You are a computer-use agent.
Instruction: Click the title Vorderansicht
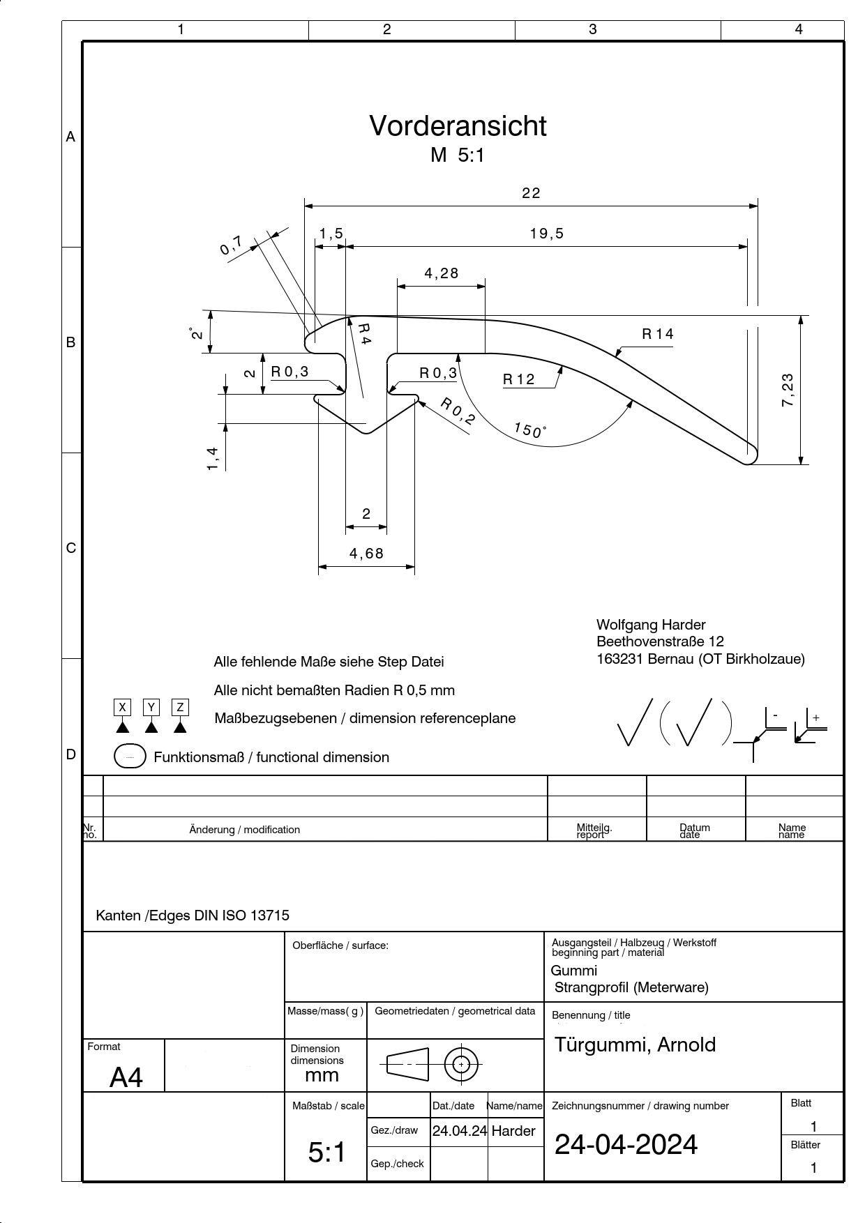pyautogui.click(x=458, y=126)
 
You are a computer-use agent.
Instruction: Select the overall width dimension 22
pyautogui.click(x=531, y=193)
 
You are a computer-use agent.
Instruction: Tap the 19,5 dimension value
pyautogui.click(x=546, y=234)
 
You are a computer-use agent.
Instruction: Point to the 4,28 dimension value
pyautogui.click(x=442, y=273)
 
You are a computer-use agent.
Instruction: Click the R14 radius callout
pyautogui.click(x=658, y=334)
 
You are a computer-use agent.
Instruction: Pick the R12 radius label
pyautogui.click(x=519, y=379)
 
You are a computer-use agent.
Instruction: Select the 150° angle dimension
pyautogui.click(x=529, y=430)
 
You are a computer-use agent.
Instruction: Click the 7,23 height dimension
pyautogui.click(x=788, y=390)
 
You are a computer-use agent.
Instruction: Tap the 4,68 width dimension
pyautogui.click(x=366, y=554)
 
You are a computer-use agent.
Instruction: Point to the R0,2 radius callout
pyautogui.click(x=458, y=411)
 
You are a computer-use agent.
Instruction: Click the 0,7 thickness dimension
pyautogui.click(x=232, y=245)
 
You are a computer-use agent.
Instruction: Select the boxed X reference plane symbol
pyautogui.click(x=123, y=707)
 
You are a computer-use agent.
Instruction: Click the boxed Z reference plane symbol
pyautogui.click(x=180, y=707)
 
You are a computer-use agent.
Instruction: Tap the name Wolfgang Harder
pyautogui.click(x=651, y=625)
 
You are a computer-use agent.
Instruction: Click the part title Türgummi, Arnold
pyautogui.click(x=635, y=1045)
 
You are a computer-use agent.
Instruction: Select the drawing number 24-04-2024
pyautogui.click(x=626, y=1144)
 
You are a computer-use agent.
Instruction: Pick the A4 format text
pyautogui.click(x=126, y=1077)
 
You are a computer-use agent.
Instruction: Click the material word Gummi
pyautogui.click(x=574, y=971)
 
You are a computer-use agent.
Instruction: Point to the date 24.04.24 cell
pyautogui.click(x=459, y=1131)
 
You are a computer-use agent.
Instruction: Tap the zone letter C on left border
pyautogui.click(x=70, y=548)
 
